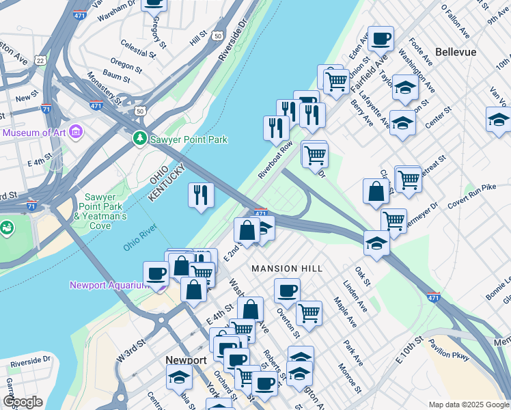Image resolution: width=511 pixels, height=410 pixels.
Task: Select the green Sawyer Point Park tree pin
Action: [x=140, y=139]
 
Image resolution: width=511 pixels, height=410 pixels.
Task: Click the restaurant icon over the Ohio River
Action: [x=201, y=195]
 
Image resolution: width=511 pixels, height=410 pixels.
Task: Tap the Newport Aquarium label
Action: [x=109, y=285]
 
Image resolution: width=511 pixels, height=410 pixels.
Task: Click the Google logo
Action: [x=23, y=402]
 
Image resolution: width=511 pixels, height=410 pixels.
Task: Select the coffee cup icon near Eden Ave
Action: [x=381, y=38]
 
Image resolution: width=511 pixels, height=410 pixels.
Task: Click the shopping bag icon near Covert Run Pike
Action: [x=376, y=191]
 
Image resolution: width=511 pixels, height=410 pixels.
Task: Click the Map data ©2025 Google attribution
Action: [x=469, y=404]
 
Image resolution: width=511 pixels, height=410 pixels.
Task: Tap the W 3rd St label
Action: [x=133, y=348]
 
